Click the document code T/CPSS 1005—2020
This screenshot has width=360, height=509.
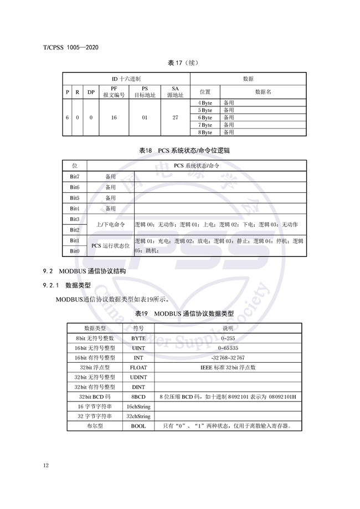click(70, 48)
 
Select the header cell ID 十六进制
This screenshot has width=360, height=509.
click(127, 79)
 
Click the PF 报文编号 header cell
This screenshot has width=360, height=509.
click(114, 92)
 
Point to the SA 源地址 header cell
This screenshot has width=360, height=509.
click(175, 92)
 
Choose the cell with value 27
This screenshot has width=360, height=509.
click(175, 118)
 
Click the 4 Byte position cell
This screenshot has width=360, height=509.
click(205, 103)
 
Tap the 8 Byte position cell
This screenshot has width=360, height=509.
click(205, 132)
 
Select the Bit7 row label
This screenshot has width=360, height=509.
click(75, 176)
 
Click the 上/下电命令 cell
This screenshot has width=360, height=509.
click(110, 224)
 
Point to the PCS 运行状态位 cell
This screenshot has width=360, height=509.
click(110, 245)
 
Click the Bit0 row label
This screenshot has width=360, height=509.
click(75, 251)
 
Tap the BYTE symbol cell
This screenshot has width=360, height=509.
click(138, 337)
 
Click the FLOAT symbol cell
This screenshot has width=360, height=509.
click(138, 367)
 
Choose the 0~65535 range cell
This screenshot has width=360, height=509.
click(228, 347)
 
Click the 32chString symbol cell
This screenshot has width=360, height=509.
click(138, 416)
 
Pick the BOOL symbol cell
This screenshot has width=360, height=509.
click(138, 426)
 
